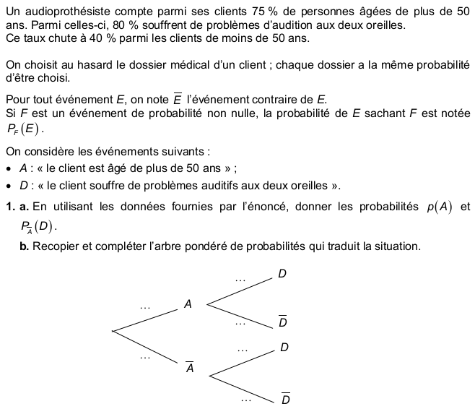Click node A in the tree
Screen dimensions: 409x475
click(188, 304)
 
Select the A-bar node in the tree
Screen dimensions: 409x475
click(189, 367)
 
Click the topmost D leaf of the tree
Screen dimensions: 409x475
click(282, 274)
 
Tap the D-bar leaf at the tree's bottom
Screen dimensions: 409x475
click(286, 399)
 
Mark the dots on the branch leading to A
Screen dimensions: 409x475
click(146, 306)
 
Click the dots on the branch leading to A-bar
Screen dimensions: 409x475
click(146, 356)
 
